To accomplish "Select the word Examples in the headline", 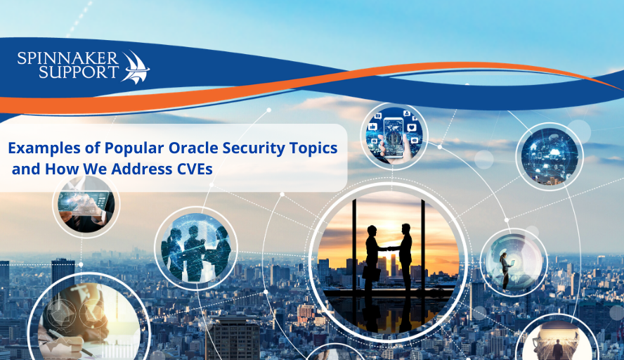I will tap(41, 148).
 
